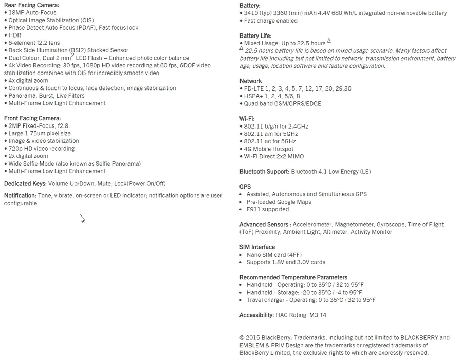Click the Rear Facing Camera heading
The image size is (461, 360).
pyautogui.click(x=31, y=5)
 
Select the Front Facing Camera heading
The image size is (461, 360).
pyautogui.click(x=32, y=118)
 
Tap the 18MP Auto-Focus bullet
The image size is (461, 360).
pyautogui.click(x=32, y=13)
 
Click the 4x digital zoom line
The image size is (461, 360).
pyautogui.click(x=28, y=81)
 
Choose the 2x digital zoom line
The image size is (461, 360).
pyautogui.click(x=28, y=156)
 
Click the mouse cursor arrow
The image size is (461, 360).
pyautogui.click(x=82, y=219)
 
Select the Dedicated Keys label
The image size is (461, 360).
pyautogui.click(x=25, y=184)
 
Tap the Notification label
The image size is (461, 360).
pyautogui.click(x=20, y=196)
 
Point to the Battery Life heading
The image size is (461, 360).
pyautogui.click(x=255, y=36)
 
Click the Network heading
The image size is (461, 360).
pyautogui.click(x=251, y=81)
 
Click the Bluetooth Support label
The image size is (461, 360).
pyautogui.click(x=264, y=172)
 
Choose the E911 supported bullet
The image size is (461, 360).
pyautogui.click(x=268, y=209)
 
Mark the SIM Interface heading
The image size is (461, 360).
pyautogui.click(x=257, y=247)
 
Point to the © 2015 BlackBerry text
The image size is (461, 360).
pyautogui.click(x=267, y=338)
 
